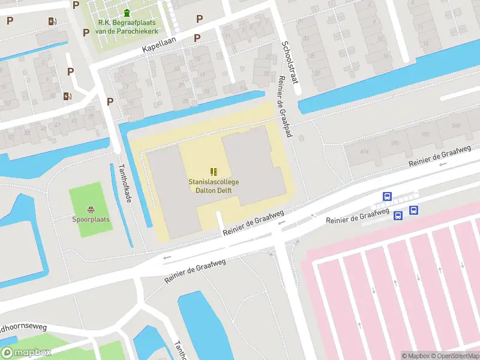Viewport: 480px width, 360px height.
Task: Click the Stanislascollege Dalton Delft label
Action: click(214, 185)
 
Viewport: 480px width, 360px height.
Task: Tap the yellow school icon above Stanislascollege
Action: click(214, 172)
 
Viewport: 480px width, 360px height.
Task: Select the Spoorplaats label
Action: click(91, 220)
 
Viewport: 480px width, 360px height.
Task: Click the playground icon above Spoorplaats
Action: click(91, 209)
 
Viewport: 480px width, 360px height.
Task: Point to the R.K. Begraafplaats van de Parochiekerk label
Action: click(127, 27)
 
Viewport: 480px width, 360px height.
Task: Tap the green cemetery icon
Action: click(127, 13)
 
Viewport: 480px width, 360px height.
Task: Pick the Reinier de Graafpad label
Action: click(283, 107)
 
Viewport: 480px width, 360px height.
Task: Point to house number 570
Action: click(425, 134)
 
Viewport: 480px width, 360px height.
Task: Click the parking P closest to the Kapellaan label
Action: click(197, 38)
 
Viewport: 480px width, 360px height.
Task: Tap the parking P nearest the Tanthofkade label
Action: click(110, 101)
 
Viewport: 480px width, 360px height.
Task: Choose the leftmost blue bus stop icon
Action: click(388, 196)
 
